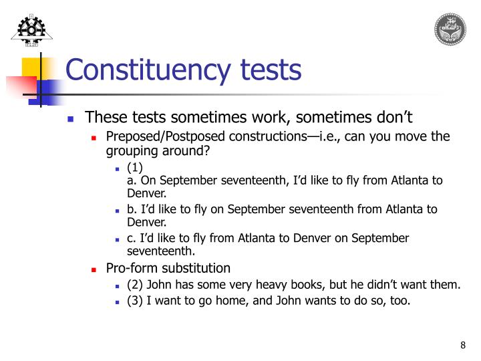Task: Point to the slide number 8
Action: [462, 345]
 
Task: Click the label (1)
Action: [134, 168]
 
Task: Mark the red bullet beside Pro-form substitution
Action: [94, 269]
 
